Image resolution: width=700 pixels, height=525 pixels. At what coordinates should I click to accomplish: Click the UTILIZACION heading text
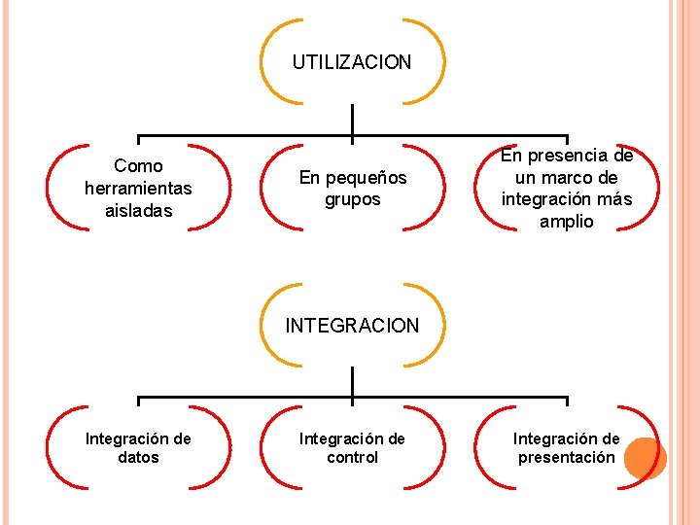coord(352,62)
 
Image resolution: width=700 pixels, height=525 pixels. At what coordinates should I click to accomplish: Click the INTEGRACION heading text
coord(352,326)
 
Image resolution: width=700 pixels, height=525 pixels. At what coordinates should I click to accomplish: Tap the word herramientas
coord(138,188)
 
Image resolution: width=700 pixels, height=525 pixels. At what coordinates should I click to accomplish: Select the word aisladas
coord(138,210)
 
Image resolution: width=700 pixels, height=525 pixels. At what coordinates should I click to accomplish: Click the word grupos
coord(352,199)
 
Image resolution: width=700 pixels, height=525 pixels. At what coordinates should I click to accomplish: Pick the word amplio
coord(566,222)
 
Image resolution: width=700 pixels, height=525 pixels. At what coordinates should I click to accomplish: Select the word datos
coord(138,457)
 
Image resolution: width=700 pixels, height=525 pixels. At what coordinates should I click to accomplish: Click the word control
coord(352,457)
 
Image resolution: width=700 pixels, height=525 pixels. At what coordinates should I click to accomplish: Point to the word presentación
coord(566,457)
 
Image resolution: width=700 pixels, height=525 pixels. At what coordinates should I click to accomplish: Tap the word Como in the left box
coord(138,165)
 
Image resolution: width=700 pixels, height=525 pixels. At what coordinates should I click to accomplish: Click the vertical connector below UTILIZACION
coord(352,121)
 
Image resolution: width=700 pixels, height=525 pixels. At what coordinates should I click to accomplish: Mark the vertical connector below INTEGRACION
coord(352,383)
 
